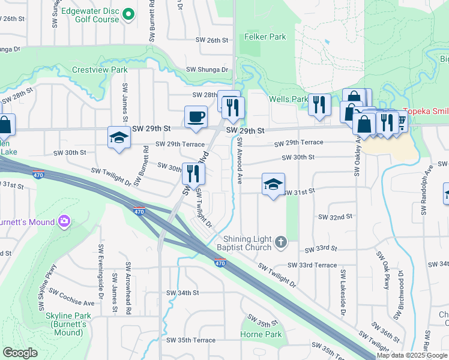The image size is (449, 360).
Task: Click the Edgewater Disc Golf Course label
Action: coord(89,14)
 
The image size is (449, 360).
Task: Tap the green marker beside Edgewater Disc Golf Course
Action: coord(128,14)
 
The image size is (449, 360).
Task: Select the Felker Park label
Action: coord(265,37)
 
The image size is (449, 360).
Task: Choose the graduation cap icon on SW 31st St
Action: coord(273,185)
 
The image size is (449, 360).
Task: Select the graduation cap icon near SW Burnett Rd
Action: coord(119,138)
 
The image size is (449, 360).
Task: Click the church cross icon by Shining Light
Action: coord(280,242)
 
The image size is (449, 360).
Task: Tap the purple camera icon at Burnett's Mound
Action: coord(64,223)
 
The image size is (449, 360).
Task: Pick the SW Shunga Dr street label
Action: coord(208,70)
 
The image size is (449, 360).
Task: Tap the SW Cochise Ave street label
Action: coord(71,298)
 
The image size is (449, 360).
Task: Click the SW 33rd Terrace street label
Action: coord(312,265)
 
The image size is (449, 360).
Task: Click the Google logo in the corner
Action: coord(20,353)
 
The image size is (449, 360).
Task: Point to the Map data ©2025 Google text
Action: coord(412,355)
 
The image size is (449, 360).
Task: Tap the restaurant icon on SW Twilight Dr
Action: coord(193,173)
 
